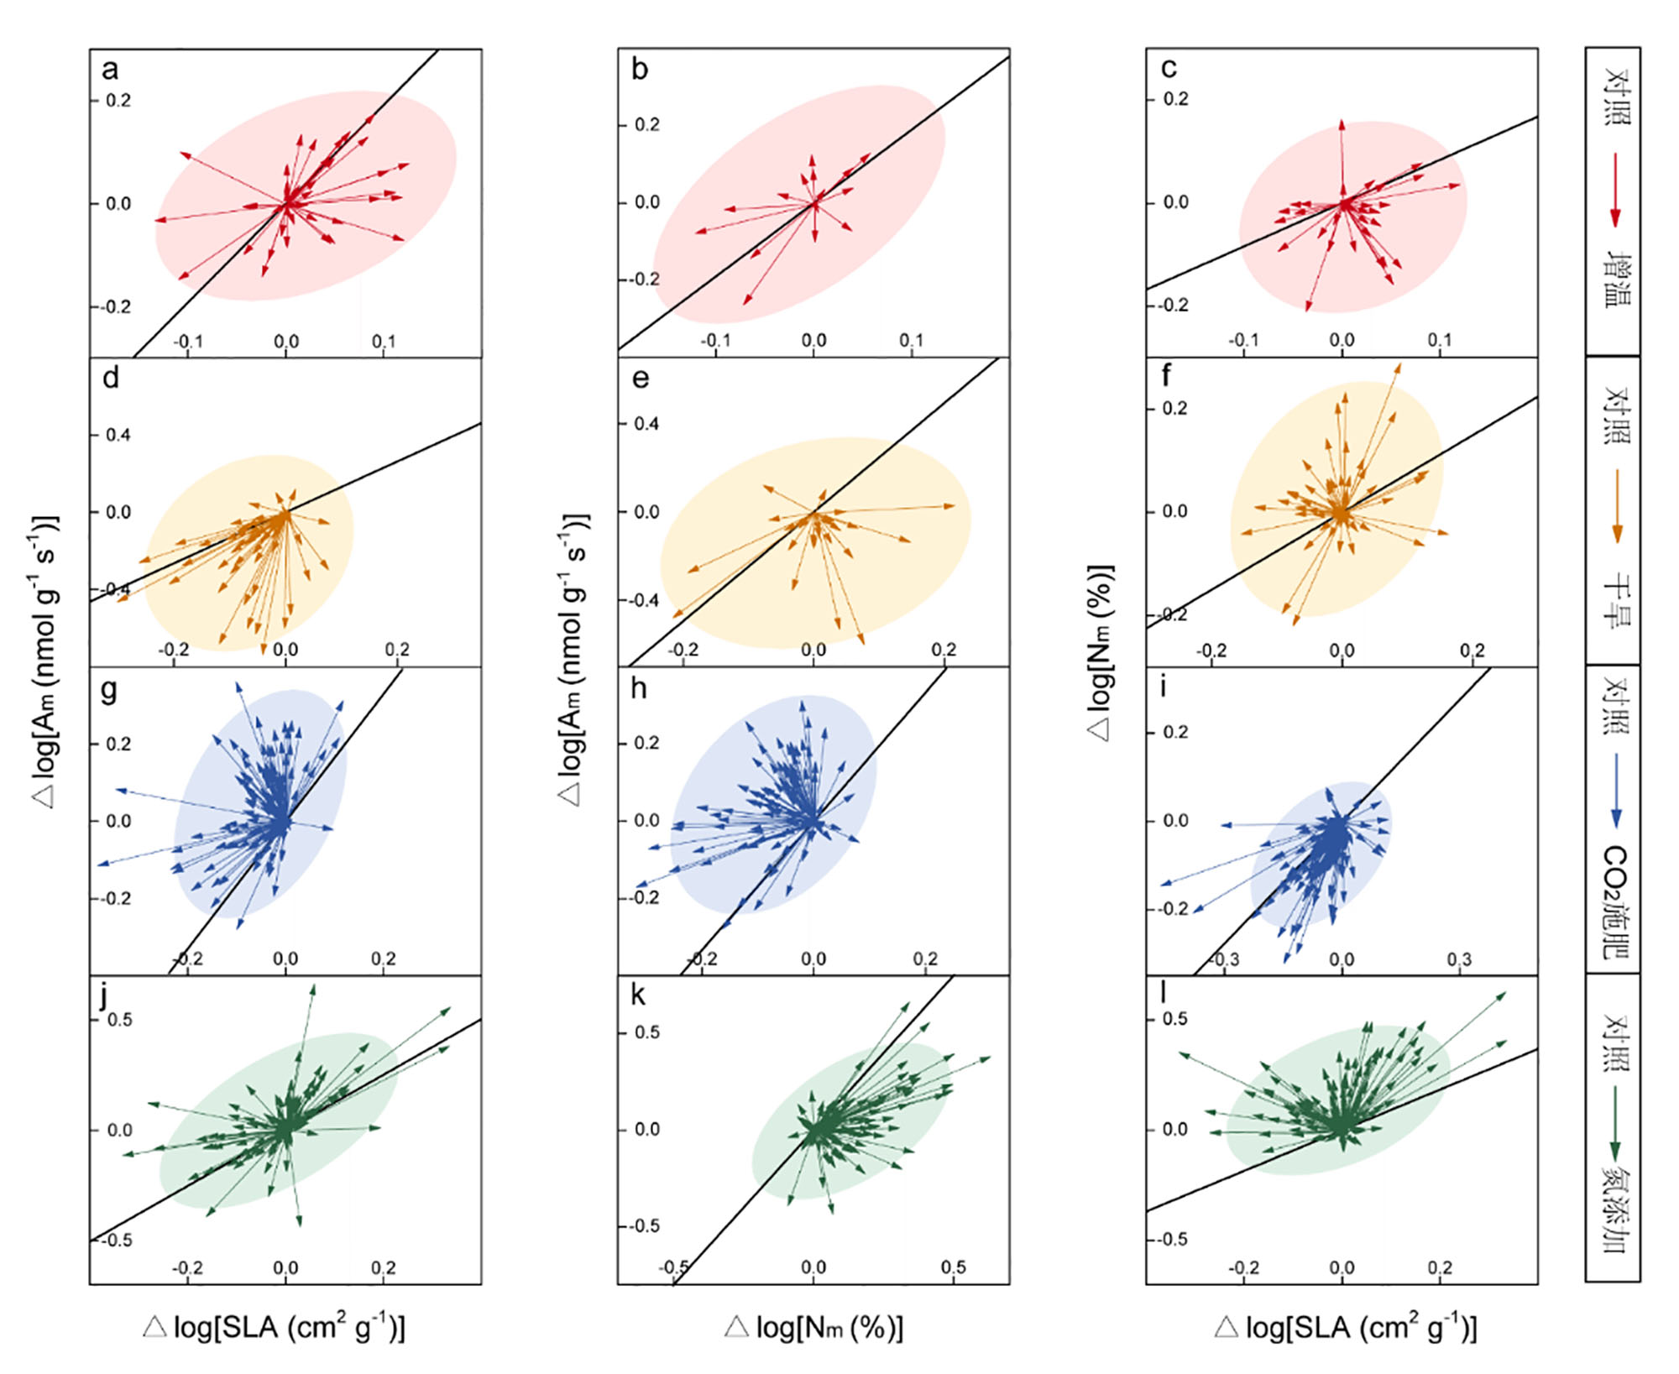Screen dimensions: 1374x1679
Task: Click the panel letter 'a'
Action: (x=110, y=70)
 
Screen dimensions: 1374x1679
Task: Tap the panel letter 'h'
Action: (x=639, y=689)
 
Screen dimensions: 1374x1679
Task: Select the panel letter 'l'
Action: (x=1164, y=994)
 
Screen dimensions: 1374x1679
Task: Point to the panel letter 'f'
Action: (x=1166, y=377)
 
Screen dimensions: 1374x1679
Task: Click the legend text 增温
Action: (x=1614, y=278)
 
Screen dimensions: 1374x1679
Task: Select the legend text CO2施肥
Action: (x=1614, y=902)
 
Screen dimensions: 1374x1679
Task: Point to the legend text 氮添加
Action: (x=1614, y=1209)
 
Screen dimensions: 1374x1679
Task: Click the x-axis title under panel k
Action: (x=813, y=1328)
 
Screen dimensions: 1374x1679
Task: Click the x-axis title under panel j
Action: (x=275, y=1328)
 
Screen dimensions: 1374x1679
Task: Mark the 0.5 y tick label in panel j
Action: (x=120, y=1021)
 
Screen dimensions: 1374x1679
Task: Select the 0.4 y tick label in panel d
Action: (x=118, y=436)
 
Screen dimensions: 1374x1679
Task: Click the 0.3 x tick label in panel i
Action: (x=1459, y=959)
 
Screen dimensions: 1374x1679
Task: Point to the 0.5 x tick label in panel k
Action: (x=953, y=1267)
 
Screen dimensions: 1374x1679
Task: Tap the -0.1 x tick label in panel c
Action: (x=1243, y=340)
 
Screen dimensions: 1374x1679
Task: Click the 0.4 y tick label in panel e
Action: (x=646, y=424)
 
